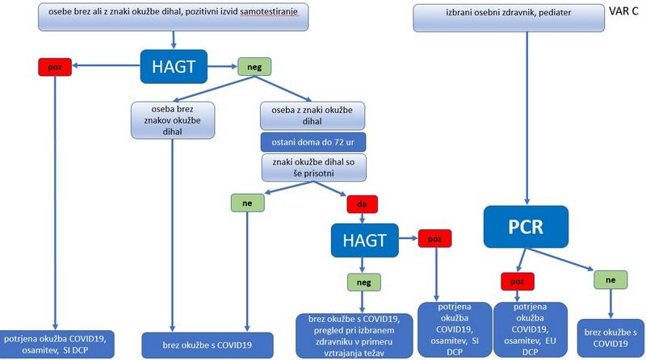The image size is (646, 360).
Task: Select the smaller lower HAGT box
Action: click(x=365, y=240)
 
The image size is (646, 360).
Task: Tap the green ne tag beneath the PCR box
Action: click(x=611, y=279)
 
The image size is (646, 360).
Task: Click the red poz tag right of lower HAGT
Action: click(x=434, y=239)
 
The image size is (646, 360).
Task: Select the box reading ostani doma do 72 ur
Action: click(x=312, y=142)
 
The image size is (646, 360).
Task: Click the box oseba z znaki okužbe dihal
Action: click(x=313, y=115)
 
